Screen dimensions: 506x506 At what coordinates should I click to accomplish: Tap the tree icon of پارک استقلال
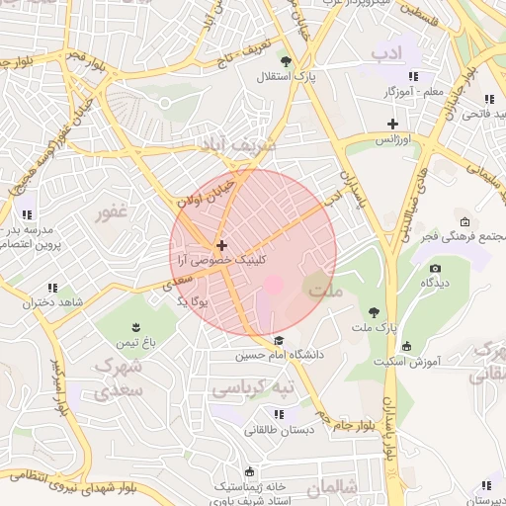[x=286, y=61]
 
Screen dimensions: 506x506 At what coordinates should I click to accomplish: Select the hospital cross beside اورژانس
[x=393, y=125]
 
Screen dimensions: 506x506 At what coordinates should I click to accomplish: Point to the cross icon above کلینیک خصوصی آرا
[x=221, y=244]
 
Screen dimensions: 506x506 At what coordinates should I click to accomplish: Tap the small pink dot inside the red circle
[x=274, y=285]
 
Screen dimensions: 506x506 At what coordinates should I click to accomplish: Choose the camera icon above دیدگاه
[x=436, y=268]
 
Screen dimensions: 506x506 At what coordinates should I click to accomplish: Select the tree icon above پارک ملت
[x=373, y=311]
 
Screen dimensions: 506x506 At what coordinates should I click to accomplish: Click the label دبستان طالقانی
[x=285, y=430]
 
